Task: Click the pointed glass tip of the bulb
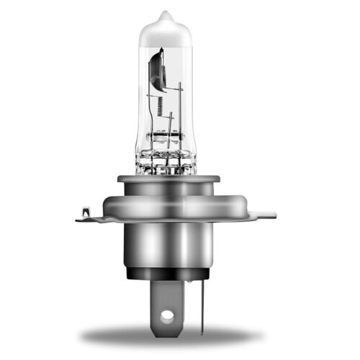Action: [165, 14]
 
